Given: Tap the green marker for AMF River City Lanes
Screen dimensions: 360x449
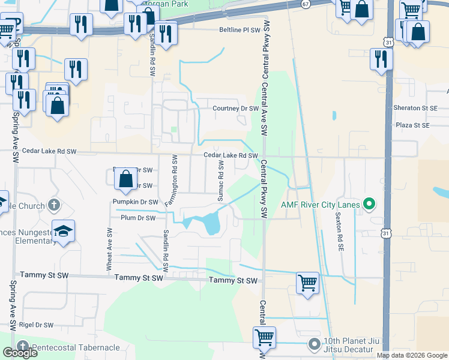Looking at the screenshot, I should point(369,205).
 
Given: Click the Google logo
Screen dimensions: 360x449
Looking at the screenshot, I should point(20,352).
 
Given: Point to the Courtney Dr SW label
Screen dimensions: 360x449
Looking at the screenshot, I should point(236,109).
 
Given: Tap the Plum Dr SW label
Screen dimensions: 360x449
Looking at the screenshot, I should point(138,218).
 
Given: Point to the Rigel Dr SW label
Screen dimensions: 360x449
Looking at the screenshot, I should point(36,325).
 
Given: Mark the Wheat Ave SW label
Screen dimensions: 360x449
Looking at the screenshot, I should point(109,248).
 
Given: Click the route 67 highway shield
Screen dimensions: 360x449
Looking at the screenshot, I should point(306,4).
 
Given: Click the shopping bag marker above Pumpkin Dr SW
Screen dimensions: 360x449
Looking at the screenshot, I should point(125,179).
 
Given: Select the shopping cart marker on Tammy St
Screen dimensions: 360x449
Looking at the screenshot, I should point(307,282).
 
